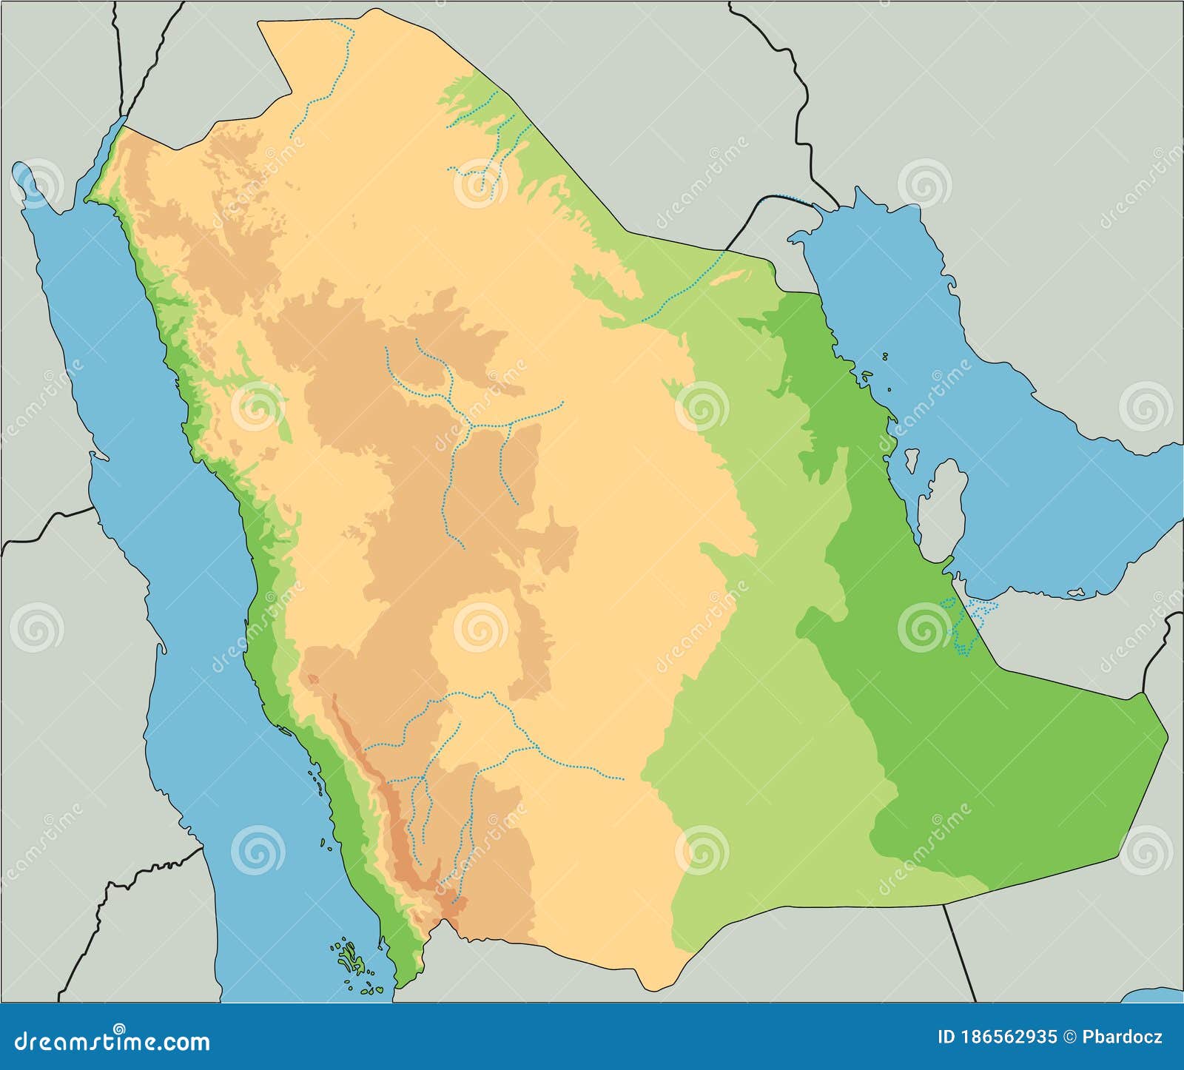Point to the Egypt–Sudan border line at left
click(x=44, y=522)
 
